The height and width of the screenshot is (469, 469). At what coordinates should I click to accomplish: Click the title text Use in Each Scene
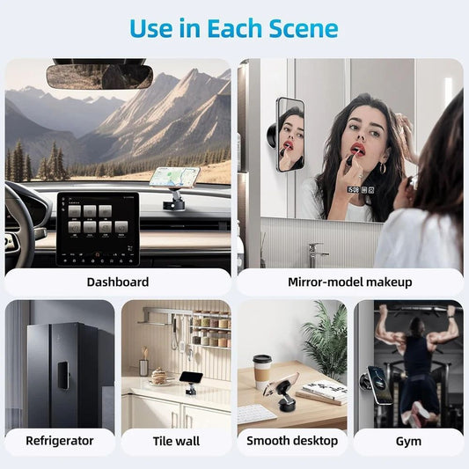(x=234, y=28)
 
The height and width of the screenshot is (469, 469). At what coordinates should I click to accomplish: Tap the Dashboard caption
(x=118, y=282)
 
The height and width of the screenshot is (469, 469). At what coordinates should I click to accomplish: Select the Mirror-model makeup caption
(x=349, y=282)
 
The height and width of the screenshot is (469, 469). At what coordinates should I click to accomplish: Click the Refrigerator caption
(x=60, y=441)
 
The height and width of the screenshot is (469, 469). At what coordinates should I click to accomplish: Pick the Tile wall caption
(x=176, y=441)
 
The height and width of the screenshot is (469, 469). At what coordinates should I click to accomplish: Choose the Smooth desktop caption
(x=292, y=441)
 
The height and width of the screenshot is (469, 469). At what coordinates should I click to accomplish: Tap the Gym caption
(x=408, y=441)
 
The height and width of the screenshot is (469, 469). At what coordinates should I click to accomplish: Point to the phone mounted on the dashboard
(x=174, y=177)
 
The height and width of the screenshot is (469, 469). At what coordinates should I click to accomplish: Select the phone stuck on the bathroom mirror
(x=289, y=134)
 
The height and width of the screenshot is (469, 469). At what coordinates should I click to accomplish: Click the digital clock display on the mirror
(x=353, y=188)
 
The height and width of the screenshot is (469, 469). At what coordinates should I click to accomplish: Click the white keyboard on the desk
(x=257, y=413)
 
